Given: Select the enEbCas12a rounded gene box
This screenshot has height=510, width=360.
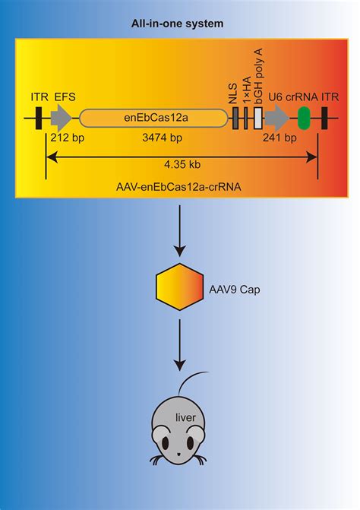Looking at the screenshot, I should click(153, 118).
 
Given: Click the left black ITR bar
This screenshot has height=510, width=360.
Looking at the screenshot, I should click(38, 118).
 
